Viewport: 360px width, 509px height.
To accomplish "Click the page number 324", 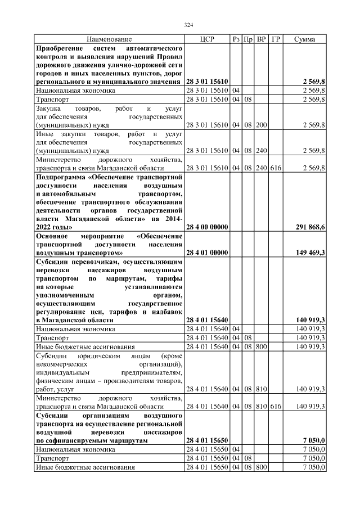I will pos(188,25).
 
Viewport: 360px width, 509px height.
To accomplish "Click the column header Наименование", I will pos(109,39).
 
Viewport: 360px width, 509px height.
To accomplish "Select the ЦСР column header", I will pos(206,39).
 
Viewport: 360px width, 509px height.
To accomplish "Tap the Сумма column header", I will pos(304,39).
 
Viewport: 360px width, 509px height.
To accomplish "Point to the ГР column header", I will pos(276,39).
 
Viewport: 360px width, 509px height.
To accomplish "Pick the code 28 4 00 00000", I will pos(206,227).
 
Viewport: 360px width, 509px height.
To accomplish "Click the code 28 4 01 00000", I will pos(206,253).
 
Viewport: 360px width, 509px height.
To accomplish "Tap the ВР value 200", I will pos(261,124).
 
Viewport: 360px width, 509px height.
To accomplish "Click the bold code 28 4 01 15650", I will pos(206,441).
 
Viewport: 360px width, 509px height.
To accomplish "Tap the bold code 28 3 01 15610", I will pos(206,82).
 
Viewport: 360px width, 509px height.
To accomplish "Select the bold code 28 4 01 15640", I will pos(206,319).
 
